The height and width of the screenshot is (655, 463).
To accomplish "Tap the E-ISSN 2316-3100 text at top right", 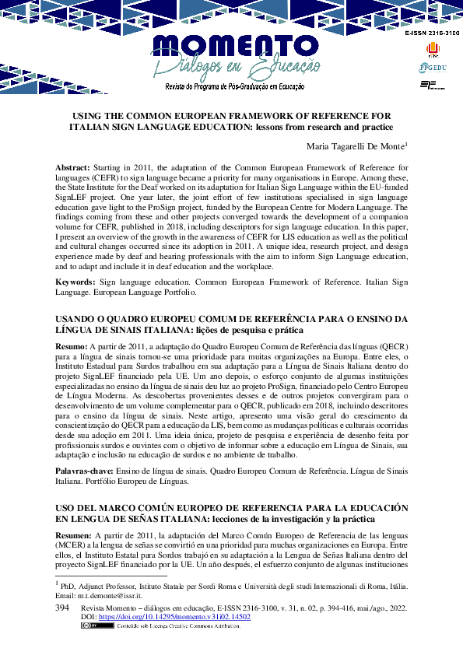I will coord(432,34).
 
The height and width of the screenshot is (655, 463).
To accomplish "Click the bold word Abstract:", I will coord(72,168).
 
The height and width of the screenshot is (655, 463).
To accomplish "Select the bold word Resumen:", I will coord(74,536).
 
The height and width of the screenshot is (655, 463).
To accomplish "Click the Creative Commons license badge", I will coord(91,625).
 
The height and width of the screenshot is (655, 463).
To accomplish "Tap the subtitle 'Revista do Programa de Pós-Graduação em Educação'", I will coord(234,87).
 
